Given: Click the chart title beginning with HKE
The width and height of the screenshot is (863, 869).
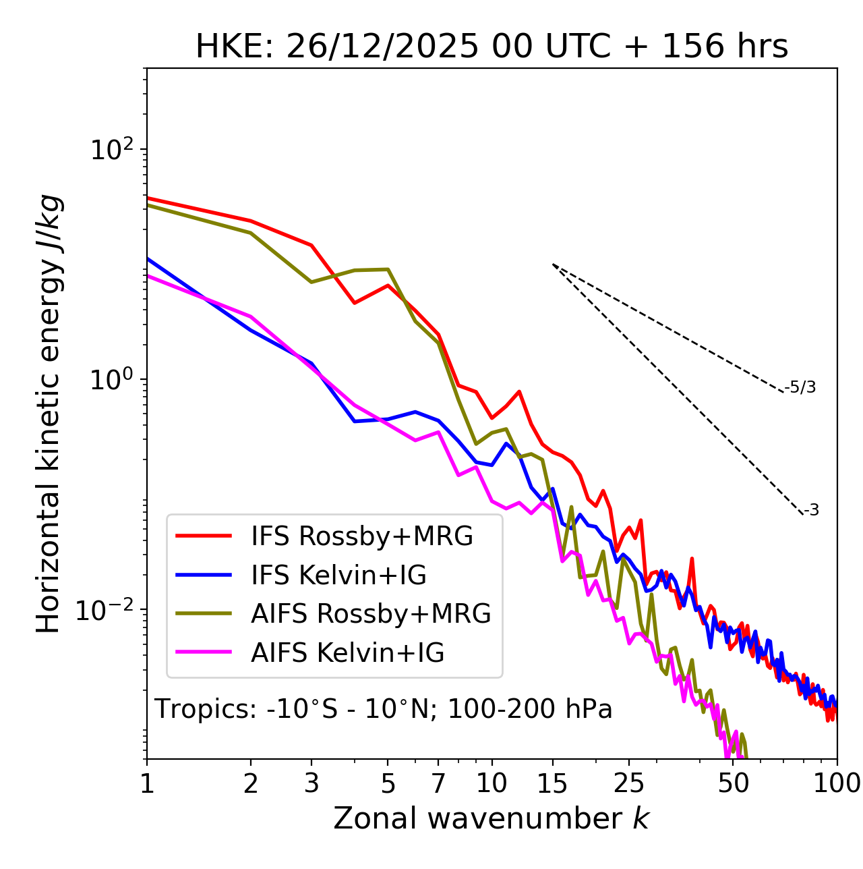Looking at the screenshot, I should pos(492,47).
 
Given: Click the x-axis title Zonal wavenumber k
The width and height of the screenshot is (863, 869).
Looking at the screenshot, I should pos(491,818).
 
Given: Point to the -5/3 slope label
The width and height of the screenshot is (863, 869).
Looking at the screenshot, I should pos(801,387).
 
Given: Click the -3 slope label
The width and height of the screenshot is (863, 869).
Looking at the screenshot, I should pos(811,511).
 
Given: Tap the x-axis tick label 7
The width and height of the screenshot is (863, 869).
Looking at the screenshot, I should pos(438,783).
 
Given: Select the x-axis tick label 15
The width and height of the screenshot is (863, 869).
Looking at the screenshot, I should pos(552,783).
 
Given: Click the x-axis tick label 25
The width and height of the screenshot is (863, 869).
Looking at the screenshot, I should pos(629,783).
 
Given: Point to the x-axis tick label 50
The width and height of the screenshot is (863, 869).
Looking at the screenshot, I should pos(734,783).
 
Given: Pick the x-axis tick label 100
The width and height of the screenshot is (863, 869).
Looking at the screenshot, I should pos(837,783).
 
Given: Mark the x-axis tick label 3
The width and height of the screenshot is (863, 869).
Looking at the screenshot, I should pos(311,783).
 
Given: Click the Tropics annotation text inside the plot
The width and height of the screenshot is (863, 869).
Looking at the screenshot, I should pos(383,709).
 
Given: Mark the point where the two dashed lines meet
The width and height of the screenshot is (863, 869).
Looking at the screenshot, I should pos(553,264).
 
